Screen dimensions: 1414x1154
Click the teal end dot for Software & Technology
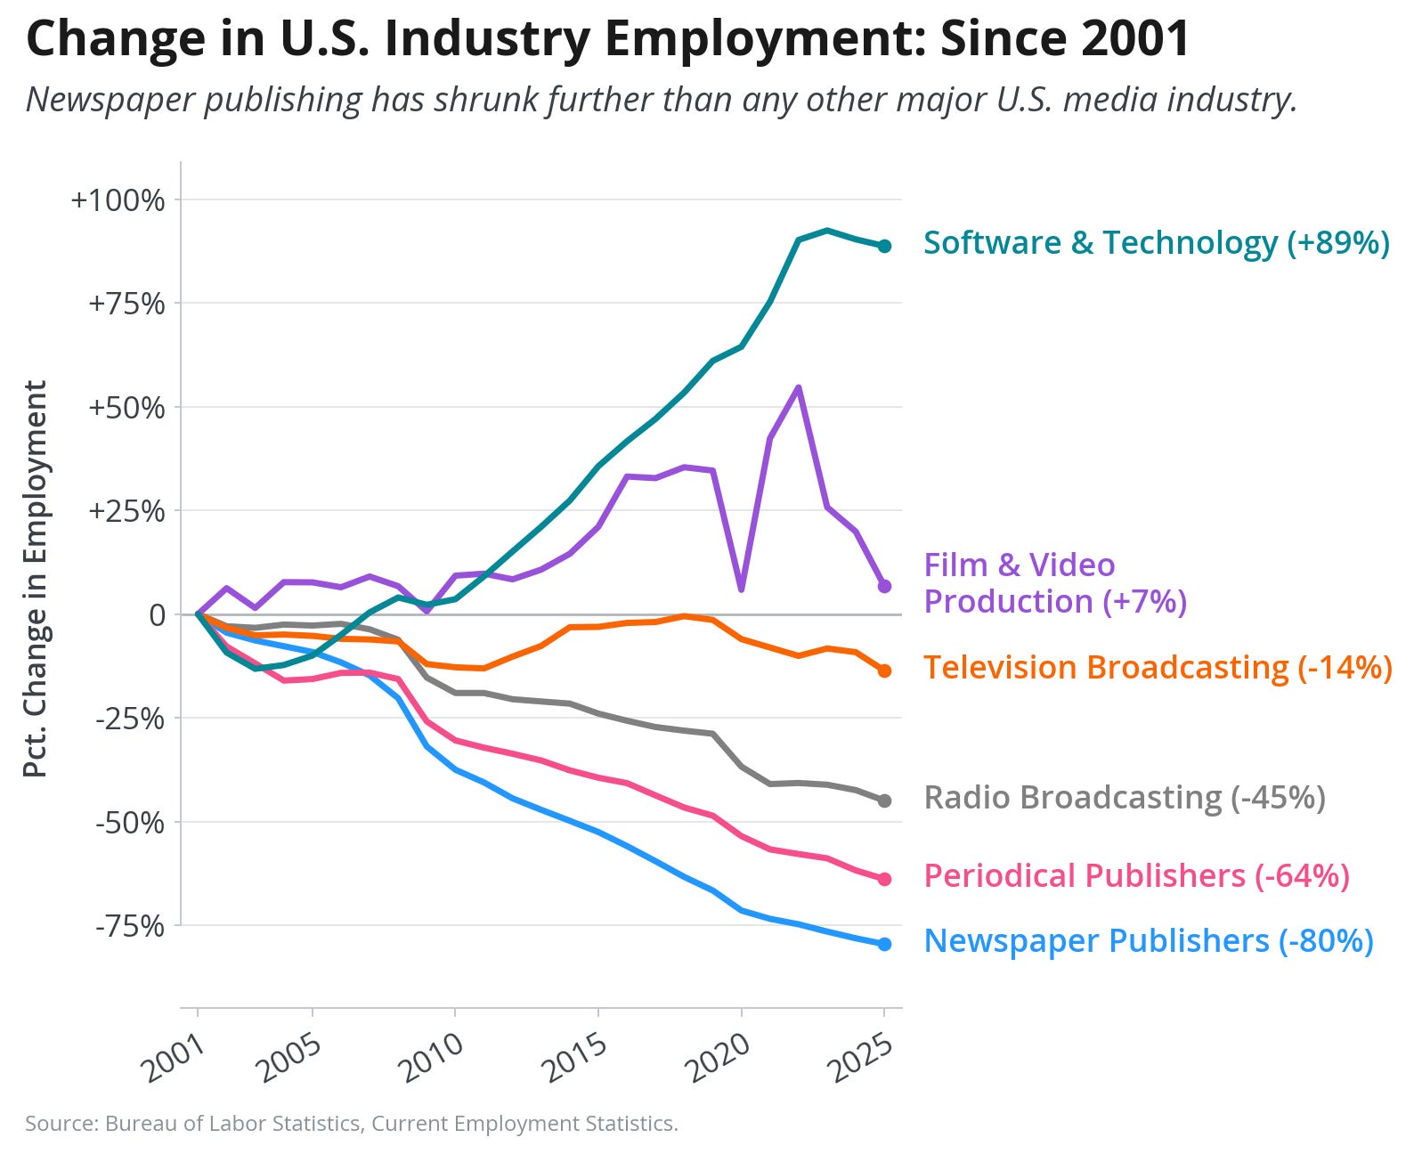click(x=884, y=246)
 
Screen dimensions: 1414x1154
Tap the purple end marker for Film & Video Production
click(x=884, y=586)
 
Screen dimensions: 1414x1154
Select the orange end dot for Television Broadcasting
click(x=884, y=670)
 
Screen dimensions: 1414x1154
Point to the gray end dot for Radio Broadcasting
click(x=884, y=800)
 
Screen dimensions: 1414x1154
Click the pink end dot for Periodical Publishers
click(x=884, y=879)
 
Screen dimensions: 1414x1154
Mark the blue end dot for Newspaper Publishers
click(x=884, y=944)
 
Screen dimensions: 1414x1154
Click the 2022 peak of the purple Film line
click(x=799, y=387)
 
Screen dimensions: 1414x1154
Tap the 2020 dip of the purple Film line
click(x=742, y=589)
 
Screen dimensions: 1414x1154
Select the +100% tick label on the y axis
click(x=118, y=199)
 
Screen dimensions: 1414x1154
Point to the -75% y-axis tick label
click(x=130, y=925)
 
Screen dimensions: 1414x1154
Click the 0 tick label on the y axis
click(x=157, y=614)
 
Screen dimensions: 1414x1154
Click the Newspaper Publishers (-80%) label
click(x=1149, y=941)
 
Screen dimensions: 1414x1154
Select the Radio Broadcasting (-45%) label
click(x=1125, y=797)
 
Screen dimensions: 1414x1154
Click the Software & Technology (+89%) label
click(x=1157, y=243)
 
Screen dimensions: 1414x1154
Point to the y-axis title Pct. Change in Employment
click(x=35, y=579)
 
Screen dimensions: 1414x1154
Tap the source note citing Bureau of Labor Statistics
click(x=352, y=1123)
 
